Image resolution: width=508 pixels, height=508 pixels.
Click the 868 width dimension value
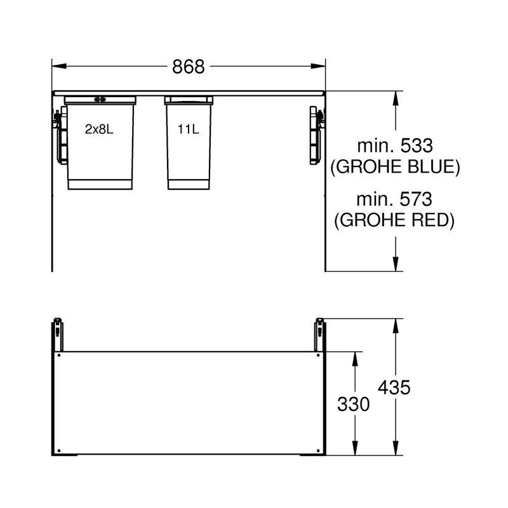[188, 67]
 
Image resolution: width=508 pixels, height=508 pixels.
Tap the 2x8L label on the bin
[99, 130]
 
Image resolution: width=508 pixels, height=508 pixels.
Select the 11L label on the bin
[188, 130]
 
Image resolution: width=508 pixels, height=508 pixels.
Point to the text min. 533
[395, 146]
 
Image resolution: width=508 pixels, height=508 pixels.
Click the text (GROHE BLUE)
[395, 167]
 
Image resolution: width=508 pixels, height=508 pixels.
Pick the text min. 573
[394, 199]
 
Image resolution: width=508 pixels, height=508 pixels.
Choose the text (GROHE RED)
[394, 220]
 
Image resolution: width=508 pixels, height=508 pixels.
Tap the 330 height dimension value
[354, 404]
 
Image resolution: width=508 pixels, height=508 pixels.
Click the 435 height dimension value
[394, 387]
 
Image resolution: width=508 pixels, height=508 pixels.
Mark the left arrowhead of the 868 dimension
[59, 66]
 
